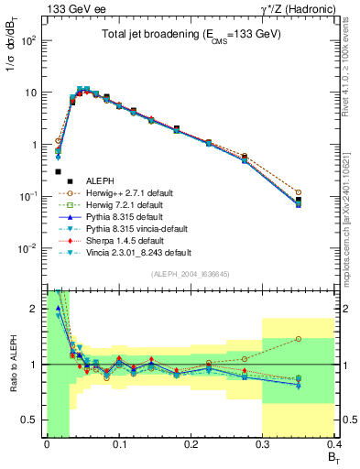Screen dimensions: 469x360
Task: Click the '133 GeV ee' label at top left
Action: (71, 8)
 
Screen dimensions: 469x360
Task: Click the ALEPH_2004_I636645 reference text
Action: (190, 274)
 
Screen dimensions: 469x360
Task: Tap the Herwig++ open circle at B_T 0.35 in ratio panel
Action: (323, 339)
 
